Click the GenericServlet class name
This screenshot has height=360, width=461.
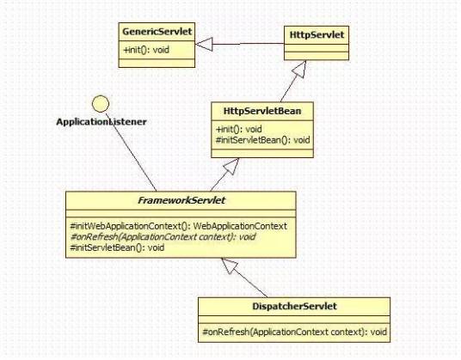(154, 31)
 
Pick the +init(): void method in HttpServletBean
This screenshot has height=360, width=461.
(238, 129)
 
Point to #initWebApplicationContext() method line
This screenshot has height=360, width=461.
(178, 225)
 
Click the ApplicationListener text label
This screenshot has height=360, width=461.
(101, 122)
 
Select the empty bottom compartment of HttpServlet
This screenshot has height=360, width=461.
(316, 54)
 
